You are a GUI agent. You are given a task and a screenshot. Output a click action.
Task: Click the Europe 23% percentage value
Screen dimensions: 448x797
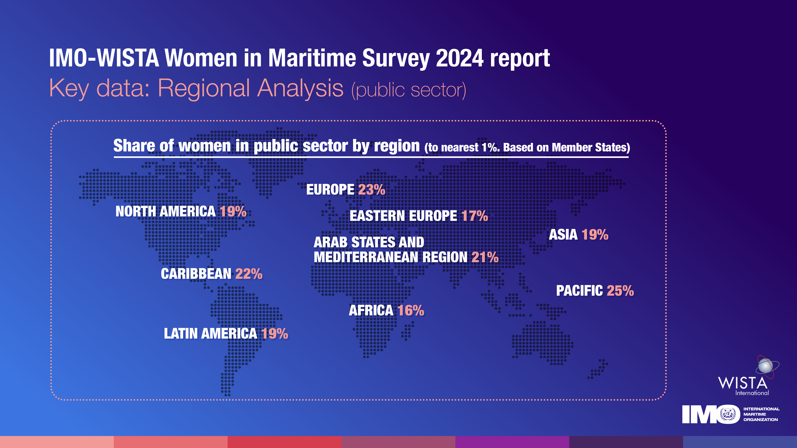click(372, 190)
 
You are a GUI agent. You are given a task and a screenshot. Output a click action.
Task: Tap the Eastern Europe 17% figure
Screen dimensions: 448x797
click(475, 216)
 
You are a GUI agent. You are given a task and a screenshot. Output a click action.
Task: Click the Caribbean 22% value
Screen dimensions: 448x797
click(249, 274)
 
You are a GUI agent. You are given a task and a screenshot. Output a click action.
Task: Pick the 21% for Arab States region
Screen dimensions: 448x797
click(485, 257)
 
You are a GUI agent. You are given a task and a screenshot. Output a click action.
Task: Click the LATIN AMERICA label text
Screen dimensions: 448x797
click(210, 334)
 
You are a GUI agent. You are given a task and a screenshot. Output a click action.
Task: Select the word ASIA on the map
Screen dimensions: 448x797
click(563, 235)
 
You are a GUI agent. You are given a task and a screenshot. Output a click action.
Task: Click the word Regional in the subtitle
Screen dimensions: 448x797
click(204, 88)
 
